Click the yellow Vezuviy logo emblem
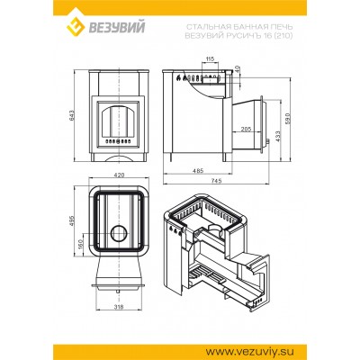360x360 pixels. [76, 27]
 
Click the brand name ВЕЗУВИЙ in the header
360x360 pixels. [117, 27]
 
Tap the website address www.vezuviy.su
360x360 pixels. [250, 351]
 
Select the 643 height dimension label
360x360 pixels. [72, 116]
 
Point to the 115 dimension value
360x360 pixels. [210, 58]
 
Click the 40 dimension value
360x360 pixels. [238, 69]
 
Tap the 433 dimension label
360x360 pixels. [277, 137]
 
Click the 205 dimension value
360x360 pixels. [246, 129]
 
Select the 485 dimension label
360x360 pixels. [198, 170]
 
